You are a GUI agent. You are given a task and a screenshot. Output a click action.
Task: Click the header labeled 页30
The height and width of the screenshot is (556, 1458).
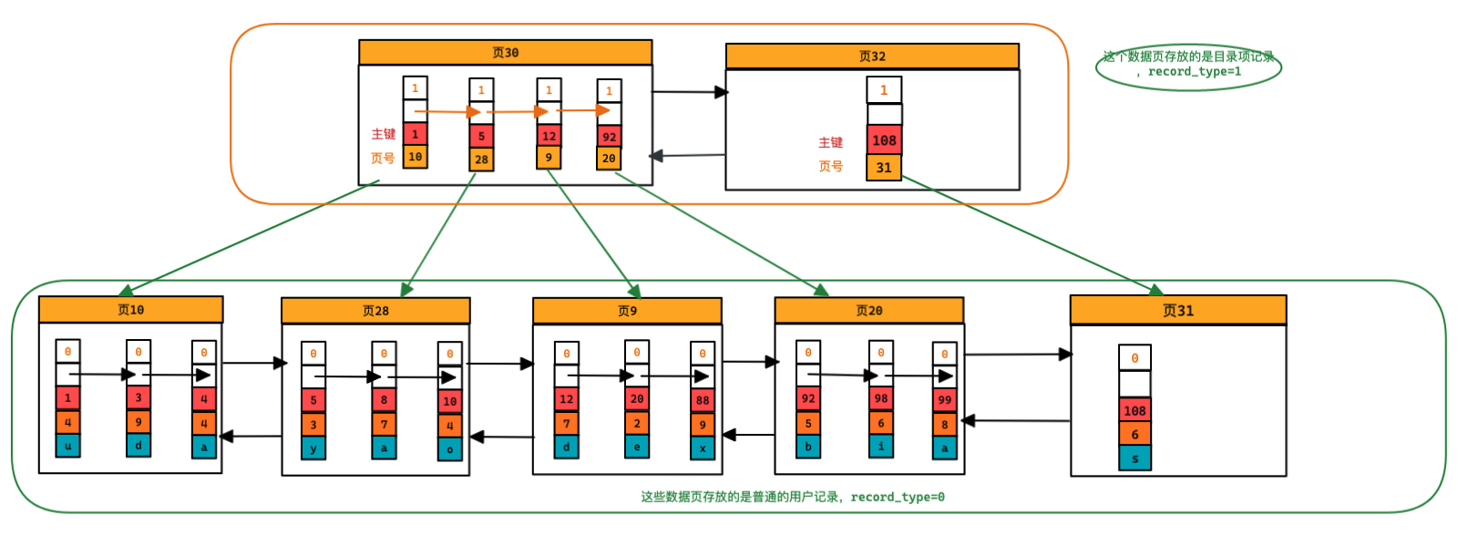pyautogui.click(x=506, y=53)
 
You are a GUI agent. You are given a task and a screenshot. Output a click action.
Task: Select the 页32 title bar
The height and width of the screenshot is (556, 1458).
pyautogui.click(x=872, y=57)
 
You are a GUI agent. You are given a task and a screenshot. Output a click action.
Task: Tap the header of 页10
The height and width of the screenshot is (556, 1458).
pyautogui.click(x=130, y=310)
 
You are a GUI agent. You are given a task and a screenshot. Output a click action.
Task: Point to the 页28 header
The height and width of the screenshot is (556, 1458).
pyautogui.click(x=375, y=311)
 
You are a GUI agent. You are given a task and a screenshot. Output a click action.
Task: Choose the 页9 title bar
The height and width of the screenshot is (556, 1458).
pyautogui.click(x=627, y=311)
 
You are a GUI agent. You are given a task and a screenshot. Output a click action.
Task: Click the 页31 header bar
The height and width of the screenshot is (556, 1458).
pyautogui.click(x=1177, y=311)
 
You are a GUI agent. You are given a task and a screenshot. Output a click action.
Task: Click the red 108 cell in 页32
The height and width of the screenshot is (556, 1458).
pyautogui.click(x=884, y=140)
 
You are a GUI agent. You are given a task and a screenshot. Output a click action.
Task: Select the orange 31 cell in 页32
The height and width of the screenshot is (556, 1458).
pyautogui.click(x=884, y=167)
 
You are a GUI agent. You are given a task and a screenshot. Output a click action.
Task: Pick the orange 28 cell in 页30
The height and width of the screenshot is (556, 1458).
pyautogui.click(x=481, y=160)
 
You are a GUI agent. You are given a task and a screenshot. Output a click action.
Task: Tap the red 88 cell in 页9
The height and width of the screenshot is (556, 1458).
pyautogui.click(x=703, y=400)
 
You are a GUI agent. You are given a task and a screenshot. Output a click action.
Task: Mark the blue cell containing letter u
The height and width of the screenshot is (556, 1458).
pyautogui.click(x=67, y=446)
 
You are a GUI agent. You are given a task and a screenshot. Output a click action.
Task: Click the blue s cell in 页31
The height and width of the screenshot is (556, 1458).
pyautogui.click(x=1135, y=458)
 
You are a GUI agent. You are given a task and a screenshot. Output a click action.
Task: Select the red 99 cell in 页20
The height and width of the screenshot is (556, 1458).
pyautogui.click(x=945, y=400)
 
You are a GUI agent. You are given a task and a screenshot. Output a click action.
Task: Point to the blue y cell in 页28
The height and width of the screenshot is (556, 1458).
pyautogui.click(x=313, y=448)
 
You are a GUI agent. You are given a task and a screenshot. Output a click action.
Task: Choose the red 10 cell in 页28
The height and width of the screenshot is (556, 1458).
pyautogui.click(x=450, y=401)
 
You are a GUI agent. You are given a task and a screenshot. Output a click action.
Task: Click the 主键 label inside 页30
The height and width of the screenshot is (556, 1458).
pyautogui.click(x=383, y=134)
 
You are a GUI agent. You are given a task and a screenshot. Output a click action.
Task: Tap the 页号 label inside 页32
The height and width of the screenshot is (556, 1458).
pyautogui.click(x=830, y=167)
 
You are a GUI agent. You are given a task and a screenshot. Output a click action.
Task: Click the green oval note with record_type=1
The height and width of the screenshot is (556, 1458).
pyautogui.click(x=1188, y=66)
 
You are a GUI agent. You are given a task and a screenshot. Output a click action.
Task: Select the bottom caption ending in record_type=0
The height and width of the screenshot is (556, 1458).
pyautogui.click(x=792, y=497)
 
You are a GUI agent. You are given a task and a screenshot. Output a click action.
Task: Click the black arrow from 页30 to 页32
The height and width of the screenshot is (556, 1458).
pyautogui.click(x=689, y=92)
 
